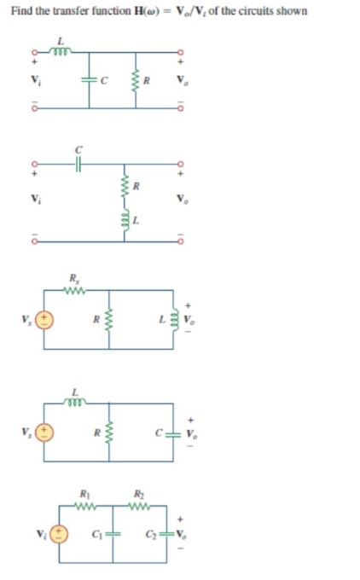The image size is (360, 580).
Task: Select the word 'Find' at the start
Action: pyautogui.click(x=20, y=11)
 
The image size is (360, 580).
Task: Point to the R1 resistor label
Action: pyautogui.click(x=84, y=493)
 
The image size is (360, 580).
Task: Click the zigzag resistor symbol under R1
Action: pyautogui.click(x=84, y=504)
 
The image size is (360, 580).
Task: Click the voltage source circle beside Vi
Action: pyautogui.click(x=59, y=534)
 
